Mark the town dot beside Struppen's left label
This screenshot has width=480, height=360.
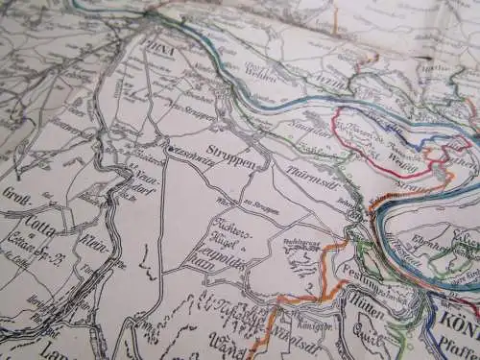[168, 149]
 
